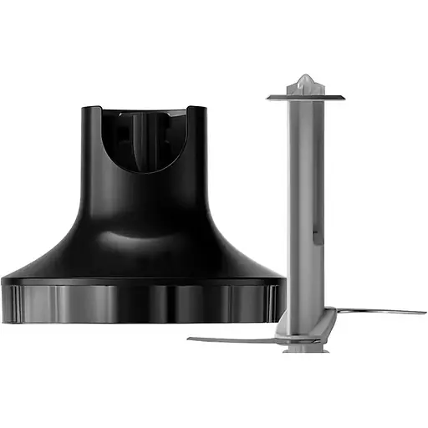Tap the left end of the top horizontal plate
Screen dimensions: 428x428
point(270,98)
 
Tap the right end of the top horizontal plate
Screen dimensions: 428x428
point(343,98)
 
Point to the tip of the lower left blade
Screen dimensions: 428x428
point(190,339)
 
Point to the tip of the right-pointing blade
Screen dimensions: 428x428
point(423,313)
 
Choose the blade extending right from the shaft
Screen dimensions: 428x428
point(376,313)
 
